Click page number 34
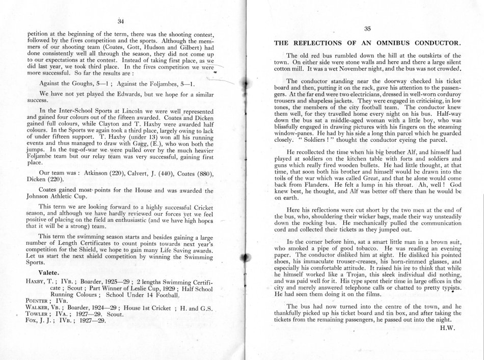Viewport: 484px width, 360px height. (121, 21)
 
